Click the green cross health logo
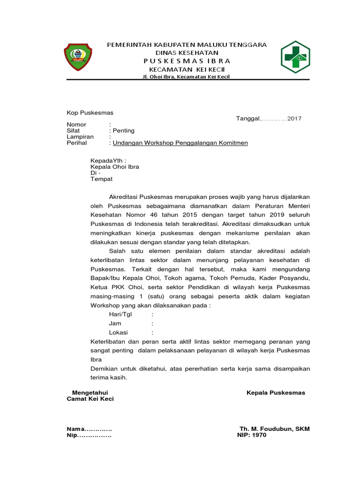[x=295, y=58]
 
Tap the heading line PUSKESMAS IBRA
[x=187, y=61]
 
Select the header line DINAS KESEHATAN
[x=187, y=52]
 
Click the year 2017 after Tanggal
[x=294, y=119]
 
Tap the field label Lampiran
[x=80, y=136]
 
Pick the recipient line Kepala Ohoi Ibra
[x=114, y=166]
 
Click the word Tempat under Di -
[x=101, y=179]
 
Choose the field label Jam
[x=115, y=323]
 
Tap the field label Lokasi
[x=119, y=332]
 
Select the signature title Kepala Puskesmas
[x=276, y=392]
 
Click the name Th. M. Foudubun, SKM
[x=274, y=429]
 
